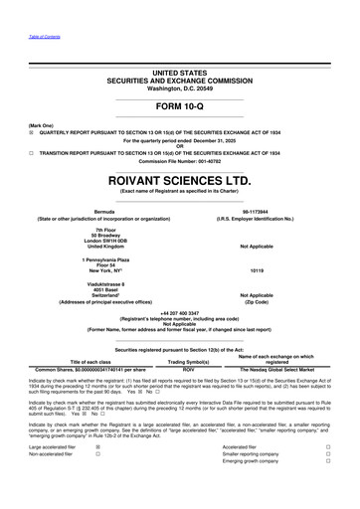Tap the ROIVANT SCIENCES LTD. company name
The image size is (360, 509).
[x=180, y=184]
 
